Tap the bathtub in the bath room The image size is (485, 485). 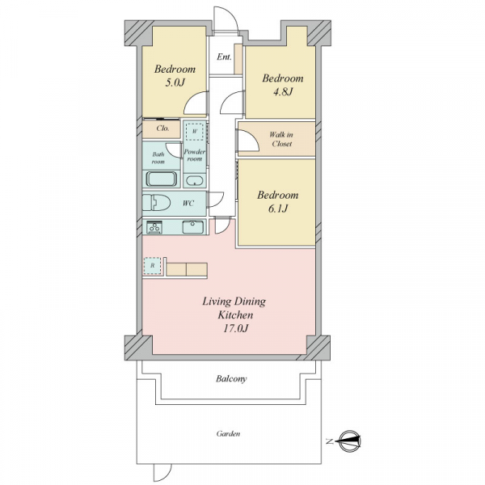tap(162, 179)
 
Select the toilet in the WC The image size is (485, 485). tap(157, 203)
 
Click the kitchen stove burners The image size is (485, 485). tap(154, 227)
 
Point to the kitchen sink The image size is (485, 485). tap(193, 227)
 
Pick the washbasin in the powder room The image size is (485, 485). tap(195, 180)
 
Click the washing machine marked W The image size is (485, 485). tap(195, 131)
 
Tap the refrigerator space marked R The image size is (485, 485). tap(152, 265)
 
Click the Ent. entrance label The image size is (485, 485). tap(224, 57)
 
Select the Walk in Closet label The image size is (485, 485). tap(280, 139)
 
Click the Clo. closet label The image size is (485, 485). tap(162, 128)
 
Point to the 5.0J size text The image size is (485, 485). tap(175, 82)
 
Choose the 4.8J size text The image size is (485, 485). tap(283, 92)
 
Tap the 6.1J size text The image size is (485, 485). tap(278, 209)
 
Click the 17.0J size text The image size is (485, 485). tap(236, 328)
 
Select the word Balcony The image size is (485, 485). tap(231, 379)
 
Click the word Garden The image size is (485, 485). tap(228, 433)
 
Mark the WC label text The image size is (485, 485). tap(188, 203)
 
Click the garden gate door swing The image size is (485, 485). tap(162, 473)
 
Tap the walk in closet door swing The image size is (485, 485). tap(248, 141)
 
